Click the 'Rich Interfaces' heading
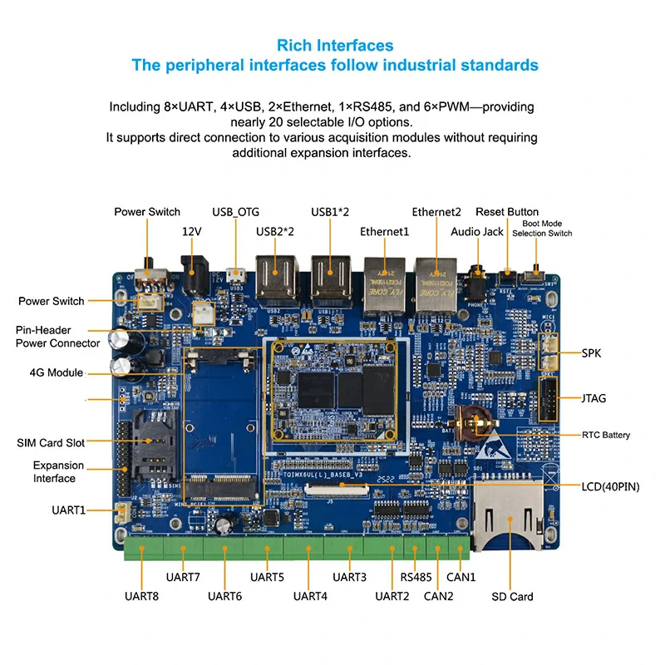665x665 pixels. pos(335,45)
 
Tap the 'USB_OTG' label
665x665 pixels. pos(235,212)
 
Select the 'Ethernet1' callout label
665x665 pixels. pos(384,232)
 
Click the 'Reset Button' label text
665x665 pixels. pos(506,212)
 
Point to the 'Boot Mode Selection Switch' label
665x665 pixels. pos(542,229)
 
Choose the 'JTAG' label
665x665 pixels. pos(594,398)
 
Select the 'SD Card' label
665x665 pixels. pos(511,596)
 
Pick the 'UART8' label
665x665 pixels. pos(141,596)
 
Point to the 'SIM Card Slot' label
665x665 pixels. pos(51,442)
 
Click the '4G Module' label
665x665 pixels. pos(56,372)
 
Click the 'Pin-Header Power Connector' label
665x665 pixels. pos(57,337)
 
